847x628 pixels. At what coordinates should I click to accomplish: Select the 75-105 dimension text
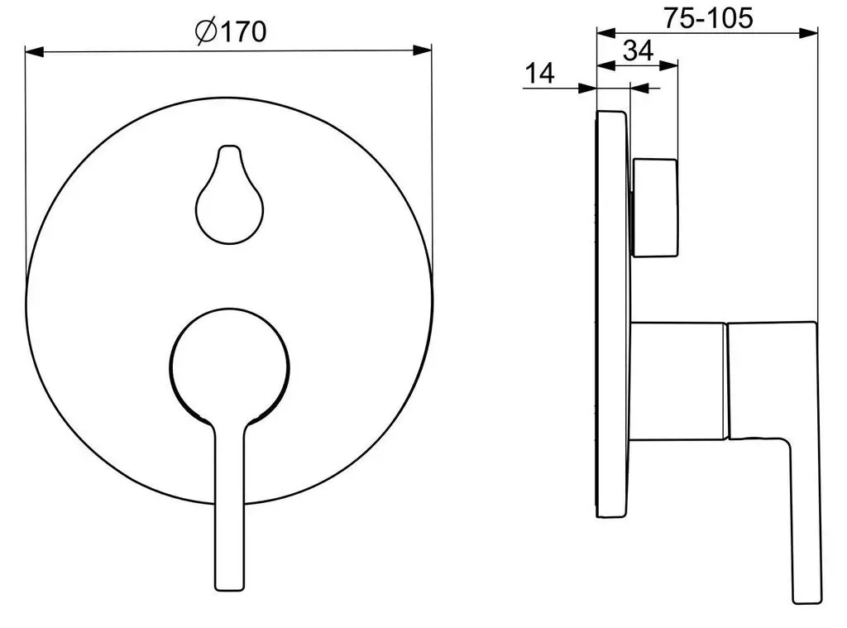click(708, 18)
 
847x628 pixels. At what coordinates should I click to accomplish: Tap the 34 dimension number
click(638, 50)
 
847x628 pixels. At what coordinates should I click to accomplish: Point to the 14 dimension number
click(539, 73)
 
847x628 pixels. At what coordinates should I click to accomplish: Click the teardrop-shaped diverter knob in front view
click(230, 194)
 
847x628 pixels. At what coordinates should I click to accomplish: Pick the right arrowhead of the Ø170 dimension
click(423, 50)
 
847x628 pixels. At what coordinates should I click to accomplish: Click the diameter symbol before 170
click(206, 32)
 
